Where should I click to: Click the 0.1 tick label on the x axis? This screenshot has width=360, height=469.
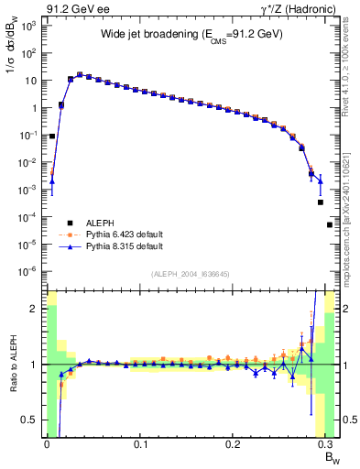[x=140, y=444]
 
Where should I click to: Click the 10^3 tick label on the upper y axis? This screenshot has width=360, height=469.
[x=29, y=26]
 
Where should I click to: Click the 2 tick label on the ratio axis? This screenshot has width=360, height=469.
[x=35, y=309]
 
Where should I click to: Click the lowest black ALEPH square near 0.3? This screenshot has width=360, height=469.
[x=330, y=224]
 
